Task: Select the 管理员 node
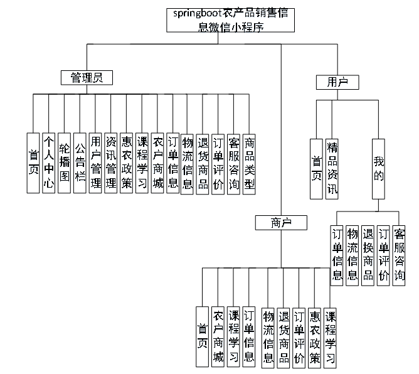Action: [x=87, y=77]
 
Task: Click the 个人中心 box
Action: [x=49, y=163]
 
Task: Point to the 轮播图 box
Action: [x=65, y=163]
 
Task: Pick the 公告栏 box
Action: [x=80, y=163]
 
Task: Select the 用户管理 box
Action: [x=95, y=163]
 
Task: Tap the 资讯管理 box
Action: [x=110, y=163]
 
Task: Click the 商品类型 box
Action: [x=249, y=163]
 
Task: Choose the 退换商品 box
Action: [x=368, y=253]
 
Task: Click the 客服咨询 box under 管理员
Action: [x=233, y=163]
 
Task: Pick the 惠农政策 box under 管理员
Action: [x=126, y=163]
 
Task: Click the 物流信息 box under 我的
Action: [x=353, y=253]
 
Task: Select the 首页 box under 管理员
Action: [x=34, y=163]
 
